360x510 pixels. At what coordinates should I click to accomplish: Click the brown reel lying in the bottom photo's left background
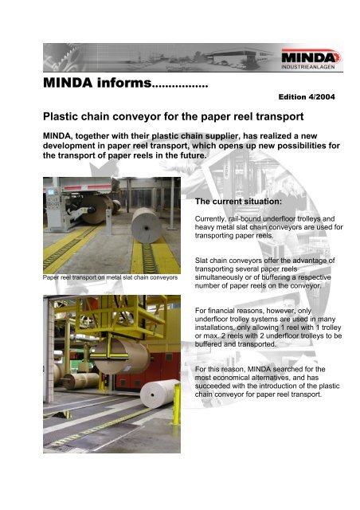(x=68, y=381)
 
